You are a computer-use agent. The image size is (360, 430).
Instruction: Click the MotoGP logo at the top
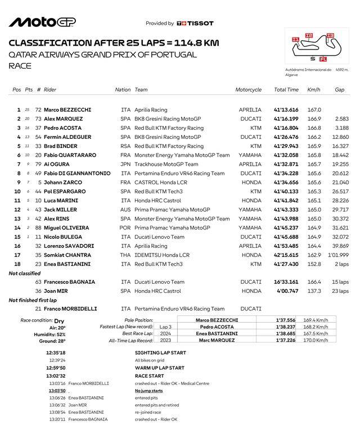(x=42, y=22)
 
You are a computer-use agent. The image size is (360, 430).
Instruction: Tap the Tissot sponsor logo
(x=195, y=24)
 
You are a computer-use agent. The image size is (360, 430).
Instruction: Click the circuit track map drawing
(x=312, y=47)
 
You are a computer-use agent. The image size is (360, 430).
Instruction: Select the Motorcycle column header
(x=248, y=89)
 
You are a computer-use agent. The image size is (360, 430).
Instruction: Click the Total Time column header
(x=286, y=89)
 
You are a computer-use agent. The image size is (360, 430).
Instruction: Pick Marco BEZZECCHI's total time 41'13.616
(x=286, y=110)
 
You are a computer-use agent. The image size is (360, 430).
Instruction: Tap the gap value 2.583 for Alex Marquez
(x=342, y=119)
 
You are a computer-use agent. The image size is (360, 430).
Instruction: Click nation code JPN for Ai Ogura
(x=125, y=165)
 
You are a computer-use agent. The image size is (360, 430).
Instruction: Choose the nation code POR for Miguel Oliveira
(x=125, y=228)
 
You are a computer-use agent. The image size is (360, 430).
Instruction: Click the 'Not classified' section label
(x=24, y=273)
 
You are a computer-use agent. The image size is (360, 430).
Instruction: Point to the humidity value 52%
(x=59, y=334)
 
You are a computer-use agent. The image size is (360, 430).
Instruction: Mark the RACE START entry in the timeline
(x=150, y=376)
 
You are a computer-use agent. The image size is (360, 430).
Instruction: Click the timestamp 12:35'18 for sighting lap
(x=56, y=353)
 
